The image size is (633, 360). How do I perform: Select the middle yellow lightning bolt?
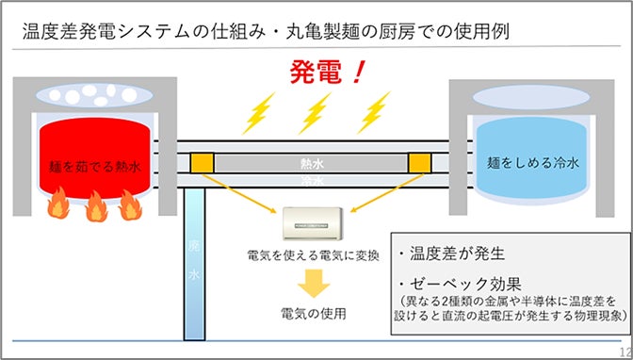coord(316,114)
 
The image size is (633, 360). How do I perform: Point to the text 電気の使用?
coord(314,312)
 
